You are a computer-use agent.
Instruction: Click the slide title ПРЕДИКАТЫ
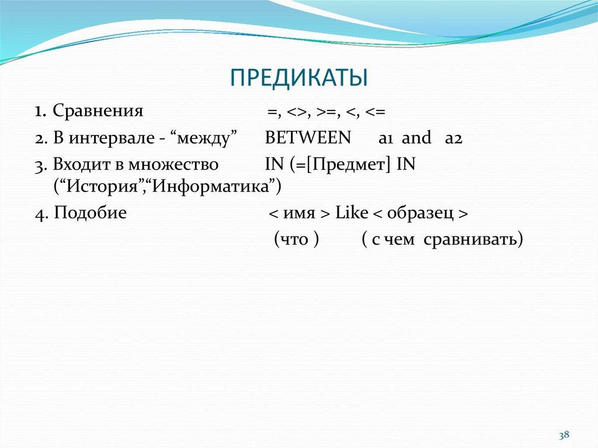298,78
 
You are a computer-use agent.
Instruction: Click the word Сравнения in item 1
98,110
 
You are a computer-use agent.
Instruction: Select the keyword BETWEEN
308,138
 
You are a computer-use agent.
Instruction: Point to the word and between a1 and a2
417,138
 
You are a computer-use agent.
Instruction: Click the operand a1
387,138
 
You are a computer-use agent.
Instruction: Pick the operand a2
453,138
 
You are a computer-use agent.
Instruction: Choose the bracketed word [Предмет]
350,165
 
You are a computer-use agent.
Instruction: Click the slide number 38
564,435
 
